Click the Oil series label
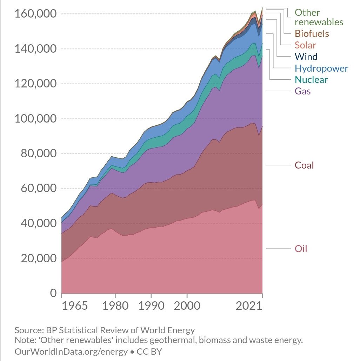pos(301,249)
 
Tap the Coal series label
pos(304,165)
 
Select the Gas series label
pos(302,91)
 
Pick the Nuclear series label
pos(311,80)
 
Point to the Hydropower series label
pos(321,68)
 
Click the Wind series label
pos(306,57)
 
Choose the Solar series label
pos(305,45)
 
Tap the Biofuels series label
pos(312,33)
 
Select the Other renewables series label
pos(319,17)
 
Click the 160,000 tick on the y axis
pos(34,14)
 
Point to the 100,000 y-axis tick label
pos(34,119)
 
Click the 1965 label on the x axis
pos(75,305)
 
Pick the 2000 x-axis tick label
pos(187,305)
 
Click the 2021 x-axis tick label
pos(249,305)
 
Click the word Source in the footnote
pos(28,330)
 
